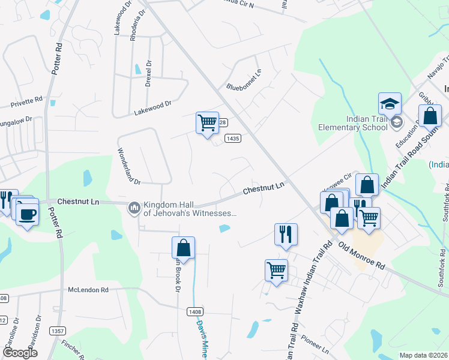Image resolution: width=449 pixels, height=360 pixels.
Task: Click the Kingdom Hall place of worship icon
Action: [x=134, y=208]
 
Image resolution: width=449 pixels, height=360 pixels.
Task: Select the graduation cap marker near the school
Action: [x=390, y=103]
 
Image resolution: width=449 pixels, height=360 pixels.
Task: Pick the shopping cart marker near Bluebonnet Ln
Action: [x=208, y=123]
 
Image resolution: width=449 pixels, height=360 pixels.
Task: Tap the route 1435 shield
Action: [x=233, y=138]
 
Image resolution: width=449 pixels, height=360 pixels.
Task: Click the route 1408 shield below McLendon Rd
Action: [x=194, y=311]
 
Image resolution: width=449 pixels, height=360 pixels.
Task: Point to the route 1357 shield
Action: [x=58, y=331]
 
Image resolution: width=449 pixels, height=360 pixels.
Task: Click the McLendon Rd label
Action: [x=88, y=290]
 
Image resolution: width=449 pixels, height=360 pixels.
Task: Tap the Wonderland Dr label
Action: [x=128, y=166]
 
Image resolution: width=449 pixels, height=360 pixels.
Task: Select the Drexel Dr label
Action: [x=148, y=74]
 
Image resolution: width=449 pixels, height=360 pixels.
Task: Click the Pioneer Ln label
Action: [x=316, y=345]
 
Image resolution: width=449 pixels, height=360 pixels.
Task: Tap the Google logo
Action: [x=20, y=353]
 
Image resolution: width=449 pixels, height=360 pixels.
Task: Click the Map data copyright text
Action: [x=423, y=355]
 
